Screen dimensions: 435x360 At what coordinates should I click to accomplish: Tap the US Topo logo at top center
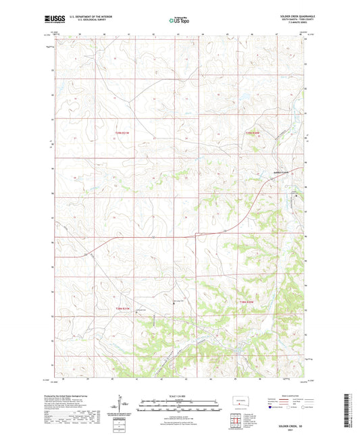pyautogui.click(x=179, y=20)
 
